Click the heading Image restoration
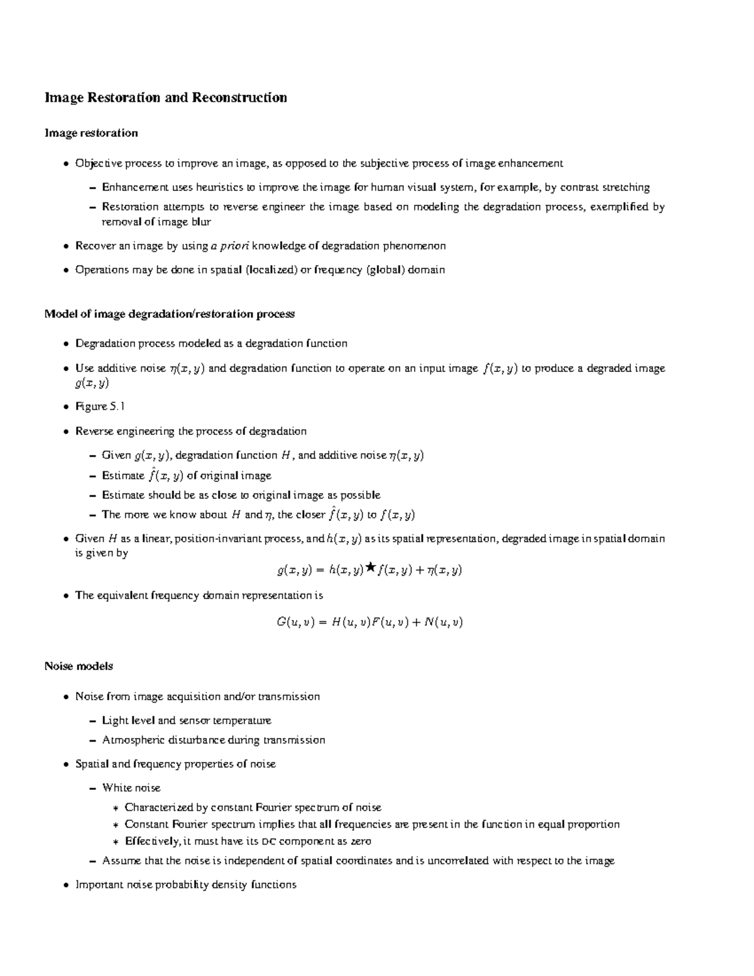pos(91,133)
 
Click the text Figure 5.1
pos(100,407)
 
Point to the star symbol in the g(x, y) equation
pos(370,568)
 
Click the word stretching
pos(626,187)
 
